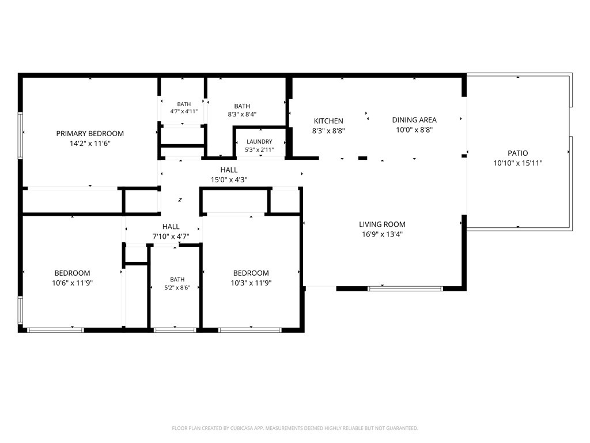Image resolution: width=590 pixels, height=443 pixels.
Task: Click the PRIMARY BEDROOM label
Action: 90,133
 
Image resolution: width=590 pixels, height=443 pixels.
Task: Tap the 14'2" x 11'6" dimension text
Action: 90,143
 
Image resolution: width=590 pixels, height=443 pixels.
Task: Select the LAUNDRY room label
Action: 259,142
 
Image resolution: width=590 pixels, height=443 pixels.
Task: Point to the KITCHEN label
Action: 328,121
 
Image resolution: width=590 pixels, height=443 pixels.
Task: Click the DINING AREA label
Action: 414,120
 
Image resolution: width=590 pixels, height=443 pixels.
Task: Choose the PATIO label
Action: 518,153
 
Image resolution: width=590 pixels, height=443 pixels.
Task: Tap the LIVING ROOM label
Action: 382,224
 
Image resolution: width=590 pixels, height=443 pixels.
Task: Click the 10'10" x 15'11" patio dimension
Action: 518,163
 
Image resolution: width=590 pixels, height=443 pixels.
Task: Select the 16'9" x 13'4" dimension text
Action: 382,234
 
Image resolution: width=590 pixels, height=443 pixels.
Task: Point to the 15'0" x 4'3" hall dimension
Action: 229,180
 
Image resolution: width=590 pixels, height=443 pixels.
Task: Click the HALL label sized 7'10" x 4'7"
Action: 171,226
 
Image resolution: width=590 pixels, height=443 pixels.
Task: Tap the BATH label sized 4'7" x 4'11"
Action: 184,104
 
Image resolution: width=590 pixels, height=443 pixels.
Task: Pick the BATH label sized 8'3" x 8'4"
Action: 242,106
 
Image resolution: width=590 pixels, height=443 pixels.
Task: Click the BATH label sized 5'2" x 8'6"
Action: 177,280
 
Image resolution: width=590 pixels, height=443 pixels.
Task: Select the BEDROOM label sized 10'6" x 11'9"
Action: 72,273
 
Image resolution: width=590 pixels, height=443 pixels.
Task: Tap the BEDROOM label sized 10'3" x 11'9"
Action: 251,273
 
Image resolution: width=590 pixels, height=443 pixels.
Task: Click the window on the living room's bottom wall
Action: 405,288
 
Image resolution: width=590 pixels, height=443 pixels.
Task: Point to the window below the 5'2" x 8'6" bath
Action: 175,331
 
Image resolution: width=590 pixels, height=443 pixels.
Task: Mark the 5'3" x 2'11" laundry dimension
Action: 259,149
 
